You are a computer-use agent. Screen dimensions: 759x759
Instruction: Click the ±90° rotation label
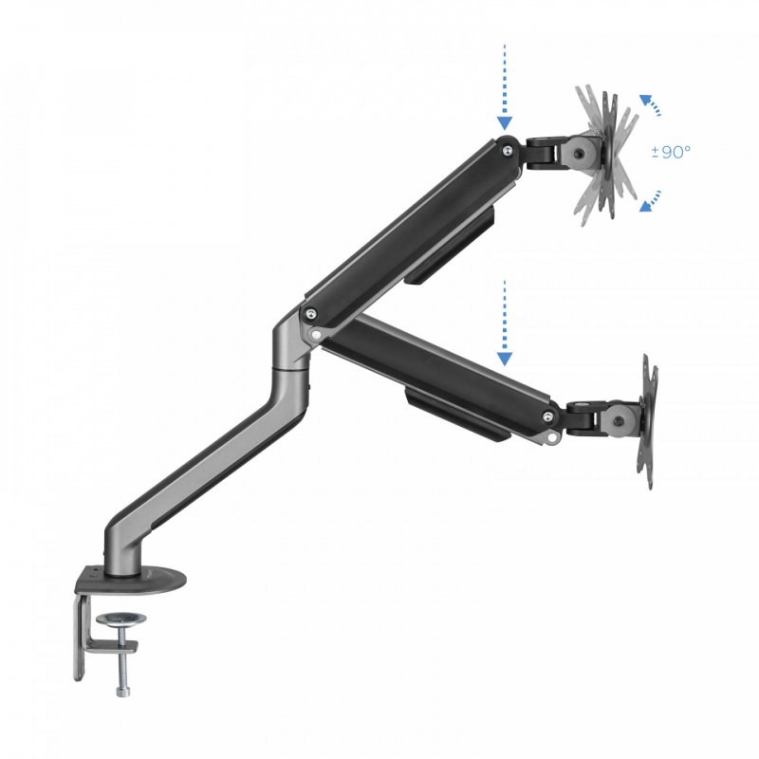click(x=673, y=151)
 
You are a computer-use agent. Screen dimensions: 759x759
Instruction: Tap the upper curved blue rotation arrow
click(x=650, y=104)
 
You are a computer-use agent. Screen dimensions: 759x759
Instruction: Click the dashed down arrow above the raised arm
click(x=505, y=85)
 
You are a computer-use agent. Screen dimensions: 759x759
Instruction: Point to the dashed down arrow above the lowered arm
click(x=505, y=323)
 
